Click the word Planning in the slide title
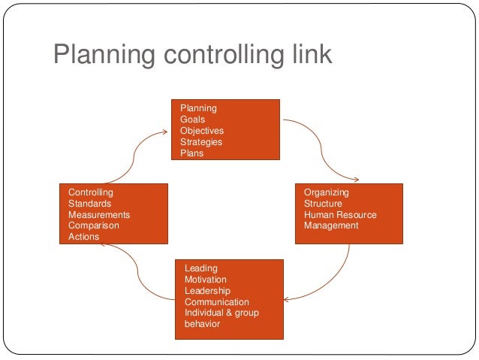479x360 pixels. (x=103, y=56)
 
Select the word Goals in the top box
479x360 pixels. (x=192, y=119)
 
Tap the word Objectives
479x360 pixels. (x=200, y=131)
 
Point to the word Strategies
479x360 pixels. (x=201, y=142)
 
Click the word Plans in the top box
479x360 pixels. (x=192, y=153)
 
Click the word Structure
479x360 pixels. (x=323, y=204)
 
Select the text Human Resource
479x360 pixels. (x=340, y=215)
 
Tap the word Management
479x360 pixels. (x=331, y=225)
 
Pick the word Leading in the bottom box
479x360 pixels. (x=200, y=268)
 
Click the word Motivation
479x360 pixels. (x=205, y=280)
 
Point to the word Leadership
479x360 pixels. (x=207, y=291)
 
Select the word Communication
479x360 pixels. (x=216, y=302)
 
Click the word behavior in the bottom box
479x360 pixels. (x=202, y=324)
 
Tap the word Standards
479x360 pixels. (x=89, y=204)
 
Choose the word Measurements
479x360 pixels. (x=99, y=215)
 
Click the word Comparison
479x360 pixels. (x=93, y=225)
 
